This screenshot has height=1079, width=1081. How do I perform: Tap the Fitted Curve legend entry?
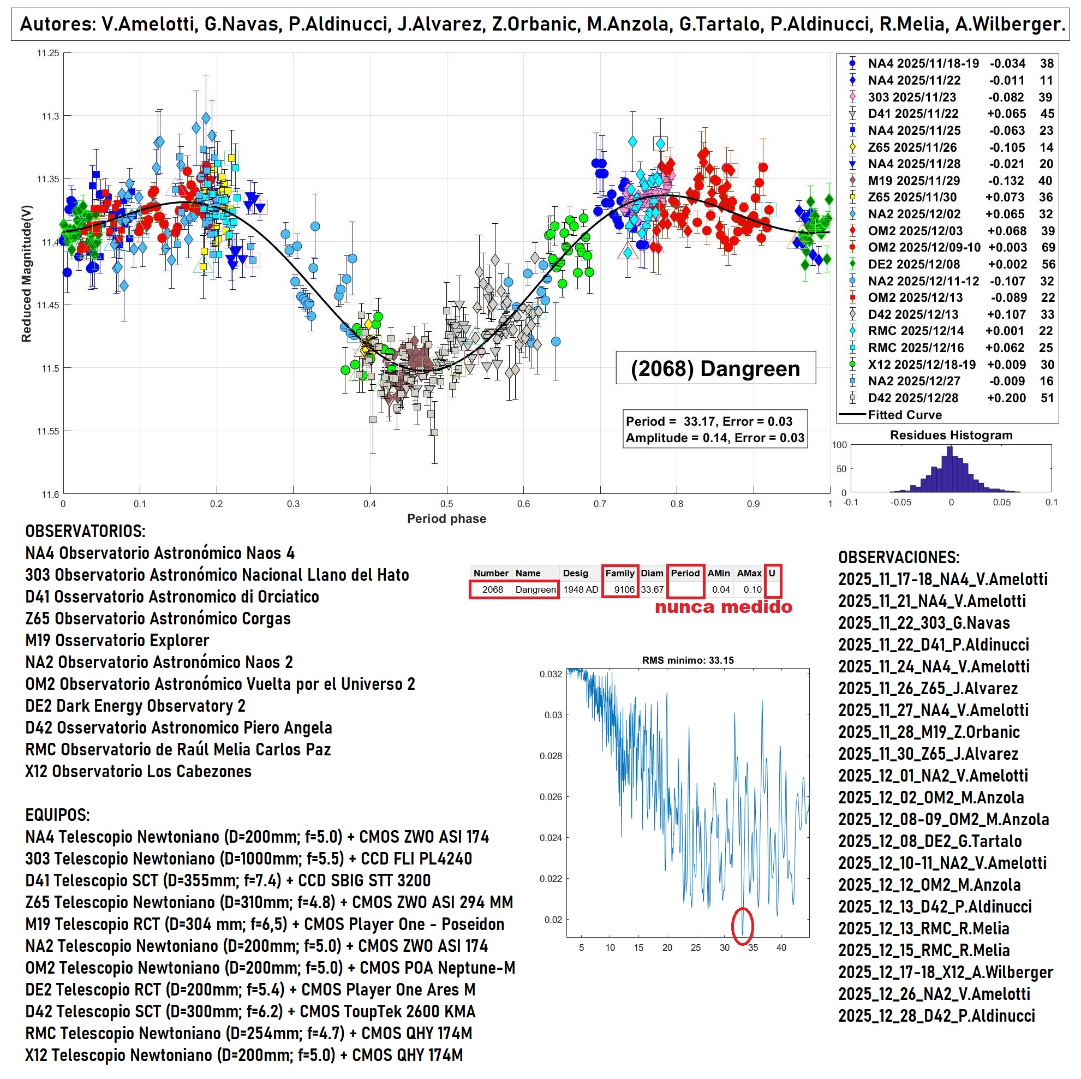(x=904, y=415)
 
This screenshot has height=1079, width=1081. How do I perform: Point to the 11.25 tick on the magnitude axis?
(x=48, y=53)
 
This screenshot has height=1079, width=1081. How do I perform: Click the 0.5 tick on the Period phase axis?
(x=446, y=504)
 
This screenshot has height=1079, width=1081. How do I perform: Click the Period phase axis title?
(x=446, y=519)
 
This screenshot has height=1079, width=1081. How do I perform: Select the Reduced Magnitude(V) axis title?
(x=26, y=273)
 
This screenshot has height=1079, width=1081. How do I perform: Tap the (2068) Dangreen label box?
(x=715, y=368)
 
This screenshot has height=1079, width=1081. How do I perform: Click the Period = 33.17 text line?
(x=709, y=421)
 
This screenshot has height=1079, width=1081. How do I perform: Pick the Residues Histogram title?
(x=951, y=436)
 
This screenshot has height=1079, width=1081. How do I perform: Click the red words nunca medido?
(x=723, y=607)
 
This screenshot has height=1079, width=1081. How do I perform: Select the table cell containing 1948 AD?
(x=580, y=589)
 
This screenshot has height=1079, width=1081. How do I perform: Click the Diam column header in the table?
(x=652, y=573)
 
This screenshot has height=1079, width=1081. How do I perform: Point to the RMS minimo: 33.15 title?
(x=688, y=660)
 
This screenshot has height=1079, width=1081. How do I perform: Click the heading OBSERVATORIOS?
(x=85, y=531)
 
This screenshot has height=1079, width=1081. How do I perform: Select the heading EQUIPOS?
(x=57, y=815)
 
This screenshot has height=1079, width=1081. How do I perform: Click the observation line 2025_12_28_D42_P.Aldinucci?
(x=936, y=1016)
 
